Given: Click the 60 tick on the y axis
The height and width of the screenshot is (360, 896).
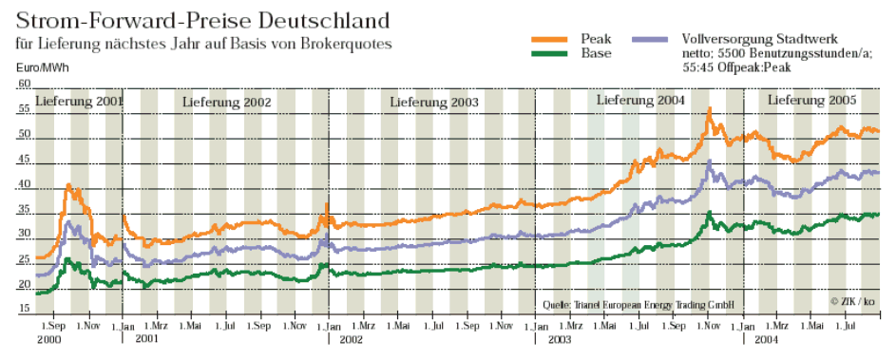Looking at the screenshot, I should point(24,85).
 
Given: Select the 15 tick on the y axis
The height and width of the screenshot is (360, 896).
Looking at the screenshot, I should point(24,308).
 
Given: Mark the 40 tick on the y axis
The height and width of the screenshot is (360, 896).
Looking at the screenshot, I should point(24,184).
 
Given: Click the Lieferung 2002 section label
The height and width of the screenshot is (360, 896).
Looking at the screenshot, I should point(227,101).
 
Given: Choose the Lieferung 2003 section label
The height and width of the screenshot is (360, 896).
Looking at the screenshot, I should point(434,101).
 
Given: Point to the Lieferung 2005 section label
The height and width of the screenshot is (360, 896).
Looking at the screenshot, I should point(811,100).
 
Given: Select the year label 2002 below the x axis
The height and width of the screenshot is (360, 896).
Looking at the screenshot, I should point(352,337).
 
